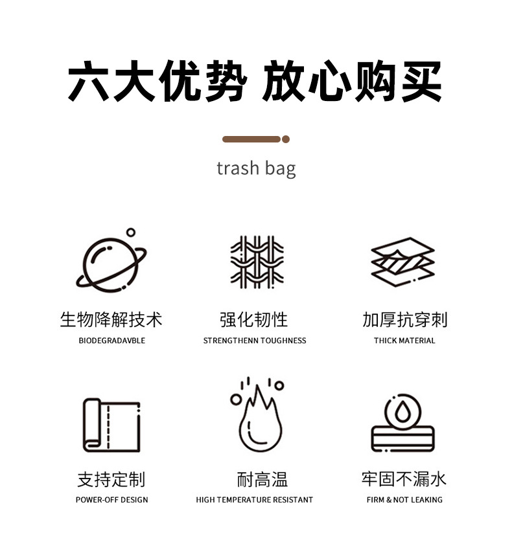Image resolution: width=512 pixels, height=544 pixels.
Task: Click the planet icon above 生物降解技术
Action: pos(111,262)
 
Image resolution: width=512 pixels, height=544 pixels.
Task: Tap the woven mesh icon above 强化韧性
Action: pos(257,262)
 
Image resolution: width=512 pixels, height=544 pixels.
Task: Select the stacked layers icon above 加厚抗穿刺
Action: pos(402,262)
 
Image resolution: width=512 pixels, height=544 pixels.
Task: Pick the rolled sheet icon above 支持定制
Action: pos(111,425)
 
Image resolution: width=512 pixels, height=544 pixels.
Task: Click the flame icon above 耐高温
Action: pos(258,418)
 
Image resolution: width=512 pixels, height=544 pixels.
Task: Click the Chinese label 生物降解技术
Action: pos(111,319)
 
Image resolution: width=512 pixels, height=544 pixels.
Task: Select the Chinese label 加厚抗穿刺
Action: pos(404,319)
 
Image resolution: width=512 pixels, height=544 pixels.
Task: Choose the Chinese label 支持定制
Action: pos(111,479)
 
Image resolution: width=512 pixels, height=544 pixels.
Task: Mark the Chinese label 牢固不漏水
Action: pos(404,479)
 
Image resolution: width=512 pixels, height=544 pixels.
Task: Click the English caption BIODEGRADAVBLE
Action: pos(111,341)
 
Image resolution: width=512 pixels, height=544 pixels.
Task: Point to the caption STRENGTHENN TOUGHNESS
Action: pos(255,341)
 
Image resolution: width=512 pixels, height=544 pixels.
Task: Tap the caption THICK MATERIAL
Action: pos(404,341)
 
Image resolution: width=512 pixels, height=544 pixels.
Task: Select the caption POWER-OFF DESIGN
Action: pos(111,500)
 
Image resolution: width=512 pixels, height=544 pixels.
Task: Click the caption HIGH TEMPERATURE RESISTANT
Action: pos(255,500)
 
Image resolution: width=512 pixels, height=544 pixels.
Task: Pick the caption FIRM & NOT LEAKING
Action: pos(404,500)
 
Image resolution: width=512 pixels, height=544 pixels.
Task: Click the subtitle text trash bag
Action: pos(256,169)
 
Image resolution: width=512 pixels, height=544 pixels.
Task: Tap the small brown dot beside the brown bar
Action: pos(286,139)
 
